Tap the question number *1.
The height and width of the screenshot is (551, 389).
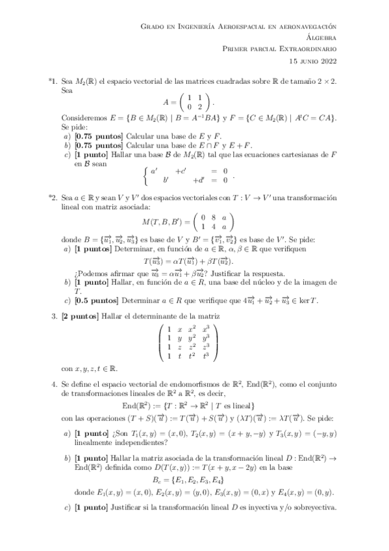[53, 84]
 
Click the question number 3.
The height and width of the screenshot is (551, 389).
[55, 316]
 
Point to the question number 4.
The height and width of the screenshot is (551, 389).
[55, 385]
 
